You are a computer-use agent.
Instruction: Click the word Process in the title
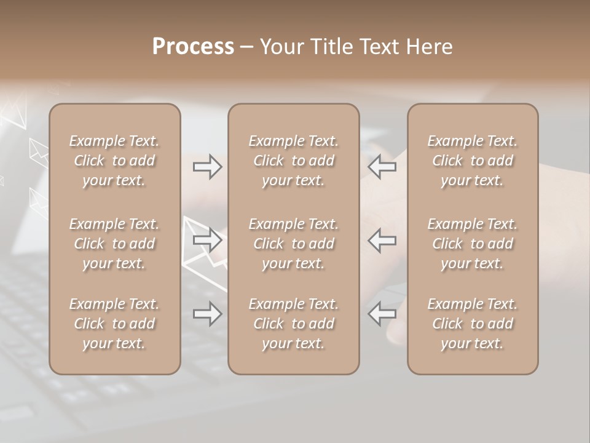coord(193,47)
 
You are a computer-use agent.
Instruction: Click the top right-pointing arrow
coord(208,167)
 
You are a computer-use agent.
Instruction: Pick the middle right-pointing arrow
coord(208,240)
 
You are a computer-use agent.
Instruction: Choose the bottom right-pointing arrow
coord(208,314)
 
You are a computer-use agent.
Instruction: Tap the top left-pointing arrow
coord(382,167)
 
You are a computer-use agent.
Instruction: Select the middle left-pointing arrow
coord(382,240)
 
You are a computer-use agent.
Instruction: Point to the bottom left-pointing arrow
coord(382,314)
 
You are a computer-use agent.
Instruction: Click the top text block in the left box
coord(114,161)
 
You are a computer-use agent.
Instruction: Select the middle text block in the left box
coord(114,244)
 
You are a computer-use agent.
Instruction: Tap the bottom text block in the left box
coord(114,324)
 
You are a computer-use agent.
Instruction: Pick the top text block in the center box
coord(294,161)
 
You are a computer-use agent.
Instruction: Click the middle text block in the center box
coord(294,244)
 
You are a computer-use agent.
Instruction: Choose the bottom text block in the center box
coord(294,324)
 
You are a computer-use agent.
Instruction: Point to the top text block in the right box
coord(473,161)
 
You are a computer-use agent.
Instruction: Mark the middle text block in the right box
coord(473,244)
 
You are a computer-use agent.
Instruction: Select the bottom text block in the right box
coord(473,324)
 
